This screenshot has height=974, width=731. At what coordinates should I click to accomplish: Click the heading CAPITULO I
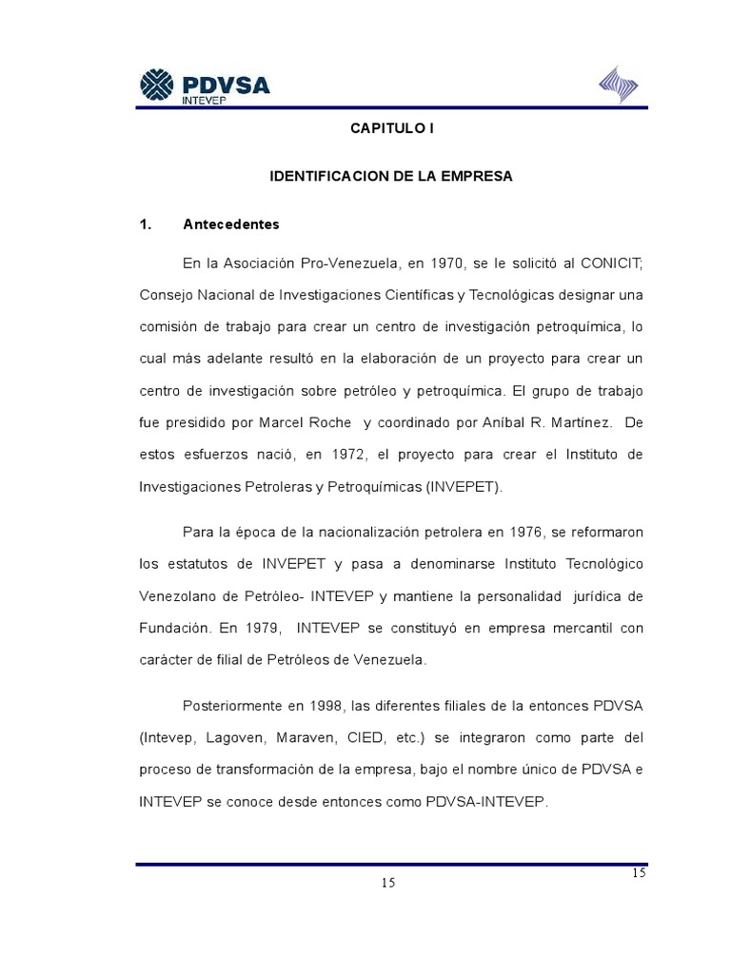coord(392,128)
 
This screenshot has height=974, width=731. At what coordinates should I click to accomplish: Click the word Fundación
coord(173,629)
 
